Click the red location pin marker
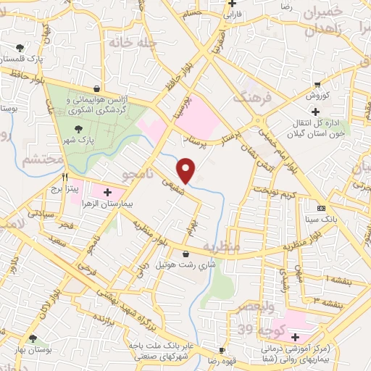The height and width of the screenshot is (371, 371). pos(187,170)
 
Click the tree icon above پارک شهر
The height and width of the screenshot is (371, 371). pos(78,128)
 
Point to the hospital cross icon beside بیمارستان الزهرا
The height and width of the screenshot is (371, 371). pos(107,191)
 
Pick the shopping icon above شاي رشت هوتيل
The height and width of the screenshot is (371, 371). pos(188,254)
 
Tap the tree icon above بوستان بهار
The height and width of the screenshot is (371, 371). pos(33,338)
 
